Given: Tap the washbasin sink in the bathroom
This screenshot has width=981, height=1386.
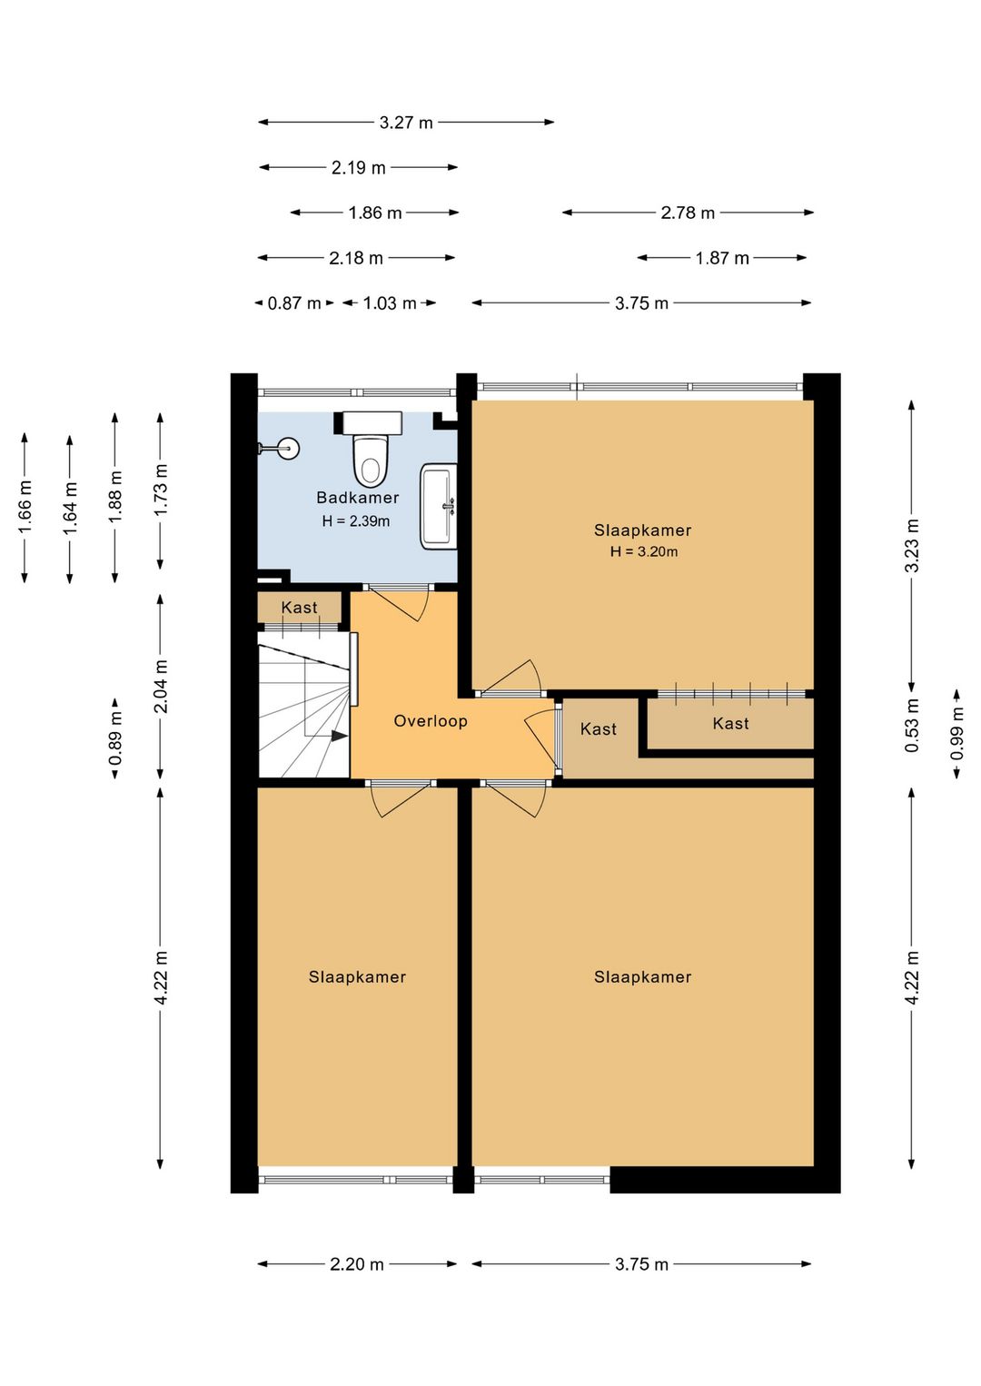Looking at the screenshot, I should pos(439,506).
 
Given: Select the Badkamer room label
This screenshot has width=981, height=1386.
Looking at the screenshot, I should pos(357,498).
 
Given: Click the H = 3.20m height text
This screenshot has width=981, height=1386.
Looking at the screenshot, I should pos(643,551).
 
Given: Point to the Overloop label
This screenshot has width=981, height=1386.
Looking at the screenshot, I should pos(430,721).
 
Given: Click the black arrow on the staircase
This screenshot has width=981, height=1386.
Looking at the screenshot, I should pos(338,736).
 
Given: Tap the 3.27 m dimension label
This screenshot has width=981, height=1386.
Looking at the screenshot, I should pos(406,123).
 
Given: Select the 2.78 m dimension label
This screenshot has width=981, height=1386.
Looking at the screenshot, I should pos(688,213).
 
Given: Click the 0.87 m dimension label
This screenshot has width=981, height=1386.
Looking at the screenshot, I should pos(293,303).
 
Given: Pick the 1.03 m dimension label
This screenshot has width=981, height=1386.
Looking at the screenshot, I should pos(390,303).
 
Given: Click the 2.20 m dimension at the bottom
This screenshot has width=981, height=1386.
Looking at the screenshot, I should pos(356,1264).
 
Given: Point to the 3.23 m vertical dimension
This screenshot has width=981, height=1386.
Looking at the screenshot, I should pos(912,545).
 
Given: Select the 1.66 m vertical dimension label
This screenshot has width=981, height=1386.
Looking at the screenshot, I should pos(25,507).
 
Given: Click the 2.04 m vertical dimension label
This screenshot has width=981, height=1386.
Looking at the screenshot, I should pos(161,688).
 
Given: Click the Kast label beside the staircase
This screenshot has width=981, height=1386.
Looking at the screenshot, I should pos(299,608).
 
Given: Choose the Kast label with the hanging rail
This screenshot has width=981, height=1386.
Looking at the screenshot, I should pos(730,724).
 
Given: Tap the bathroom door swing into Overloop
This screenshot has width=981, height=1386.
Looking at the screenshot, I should pos(401,603).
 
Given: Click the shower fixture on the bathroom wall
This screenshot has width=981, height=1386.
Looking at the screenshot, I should pos(278,448).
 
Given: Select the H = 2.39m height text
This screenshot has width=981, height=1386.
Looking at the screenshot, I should pos(356,521).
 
